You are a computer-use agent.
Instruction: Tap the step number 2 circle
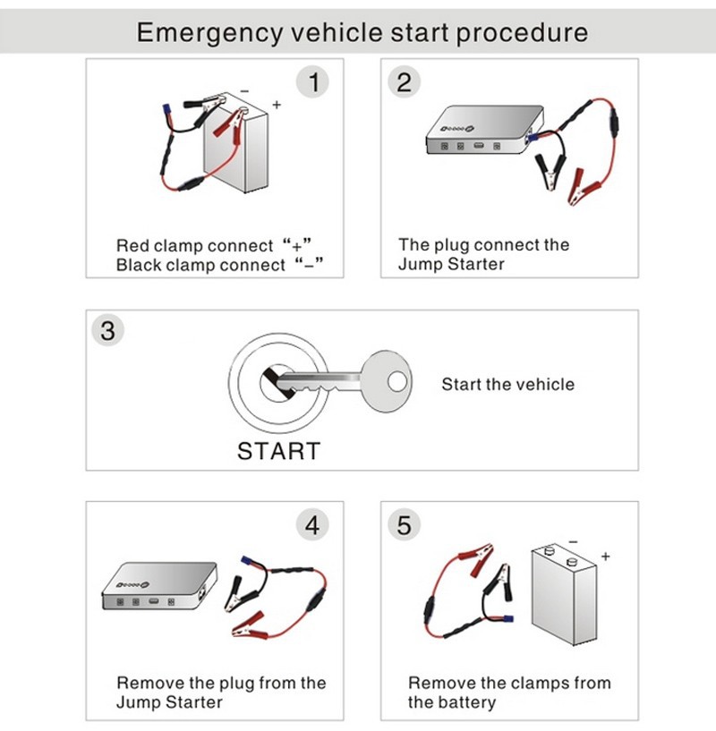coord(405,83)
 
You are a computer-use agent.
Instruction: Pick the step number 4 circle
coord(312,525)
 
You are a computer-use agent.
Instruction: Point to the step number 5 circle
coord(405,525)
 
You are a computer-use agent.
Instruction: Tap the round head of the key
coord(387,384)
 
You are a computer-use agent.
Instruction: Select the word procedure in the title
coord(522,34)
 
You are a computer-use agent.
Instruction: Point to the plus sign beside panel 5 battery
coord(606,557)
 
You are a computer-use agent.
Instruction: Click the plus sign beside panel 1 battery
coord(277,105)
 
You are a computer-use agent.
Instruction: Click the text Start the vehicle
coord(507,385)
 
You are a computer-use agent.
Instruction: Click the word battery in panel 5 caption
coord(465,703)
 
